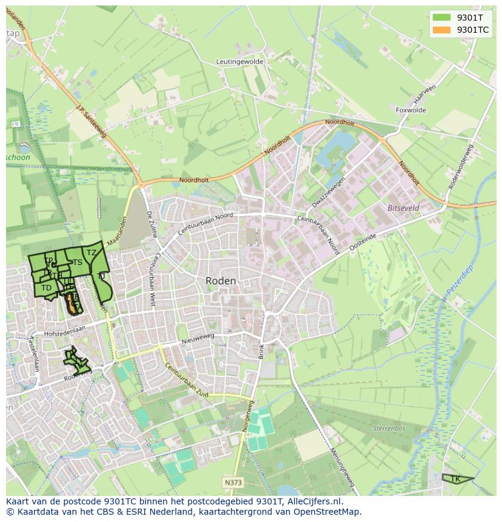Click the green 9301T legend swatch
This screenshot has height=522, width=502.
pos(442,17)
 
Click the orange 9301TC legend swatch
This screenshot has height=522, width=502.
pos(442,29)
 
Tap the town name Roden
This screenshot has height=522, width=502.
pos(221,281)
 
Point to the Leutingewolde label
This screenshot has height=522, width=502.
pos(241,62)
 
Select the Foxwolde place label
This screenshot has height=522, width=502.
pos(410,110)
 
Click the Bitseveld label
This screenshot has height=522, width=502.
pos(403,207)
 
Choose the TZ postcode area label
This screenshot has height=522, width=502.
pos(92,253)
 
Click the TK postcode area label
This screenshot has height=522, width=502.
pos(455,479)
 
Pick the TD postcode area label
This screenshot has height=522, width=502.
pos(46,288)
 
